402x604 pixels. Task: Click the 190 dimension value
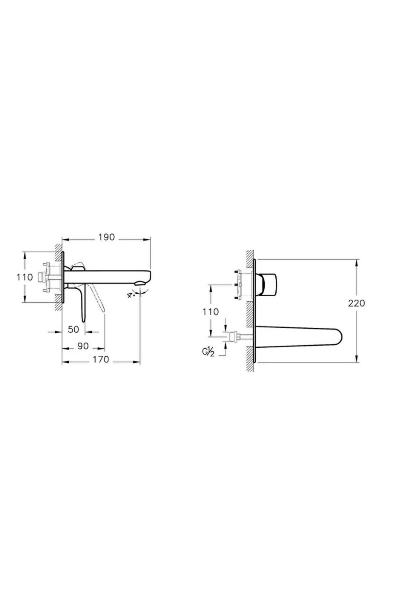(x=107, y=237)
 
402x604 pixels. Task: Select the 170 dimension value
(x=101, y=359)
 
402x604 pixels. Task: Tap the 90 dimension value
(x=83, y=346)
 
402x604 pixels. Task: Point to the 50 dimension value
(x=73, y=330)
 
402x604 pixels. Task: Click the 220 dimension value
(x=356, y=303)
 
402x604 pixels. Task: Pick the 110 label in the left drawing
(x=25, y=277)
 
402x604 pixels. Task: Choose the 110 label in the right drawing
(x=211, y=312)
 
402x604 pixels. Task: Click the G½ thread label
(x=208, y=352)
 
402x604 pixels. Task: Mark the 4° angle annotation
(x=131, y=295)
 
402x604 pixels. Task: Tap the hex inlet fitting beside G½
(x=233, y=337)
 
